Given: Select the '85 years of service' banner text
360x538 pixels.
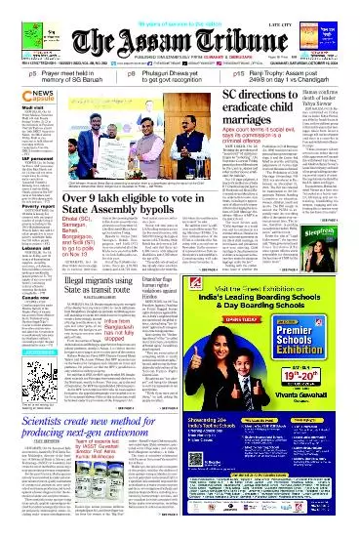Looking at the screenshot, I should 180,7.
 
